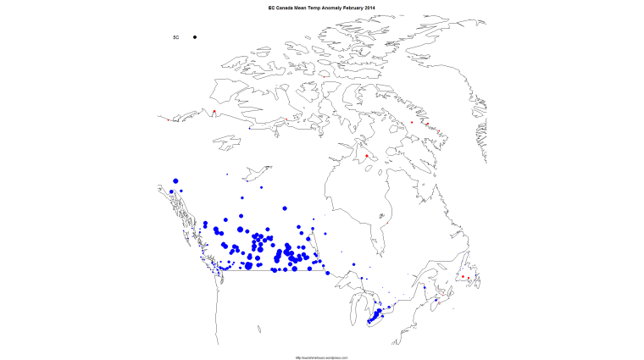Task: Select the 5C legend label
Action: [176, 37]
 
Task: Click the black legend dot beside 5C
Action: [195, 37]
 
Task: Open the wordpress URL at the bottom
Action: [322, 357]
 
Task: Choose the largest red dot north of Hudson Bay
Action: [366, 156]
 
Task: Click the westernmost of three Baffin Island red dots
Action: [412, 123]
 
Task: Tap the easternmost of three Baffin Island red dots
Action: [439, 131]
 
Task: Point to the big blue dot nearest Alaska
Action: [175, 180]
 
